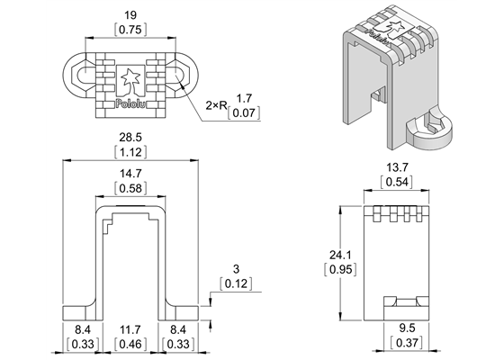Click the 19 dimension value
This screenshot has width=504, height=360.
click(131, 14)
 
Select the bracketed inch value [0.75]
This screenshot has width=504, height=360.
click(131, 29)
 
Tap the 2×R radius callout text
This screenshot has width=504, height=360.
click(217, 105)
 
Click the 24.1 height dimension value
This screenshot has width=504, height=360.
click(338, 255)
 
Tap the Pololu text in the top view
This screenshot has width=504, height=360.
click(131, 103)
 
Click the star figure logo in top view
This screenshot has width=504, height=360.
click(131, 79)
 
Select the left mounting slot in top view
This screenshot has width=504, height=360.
click(78, 77)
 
